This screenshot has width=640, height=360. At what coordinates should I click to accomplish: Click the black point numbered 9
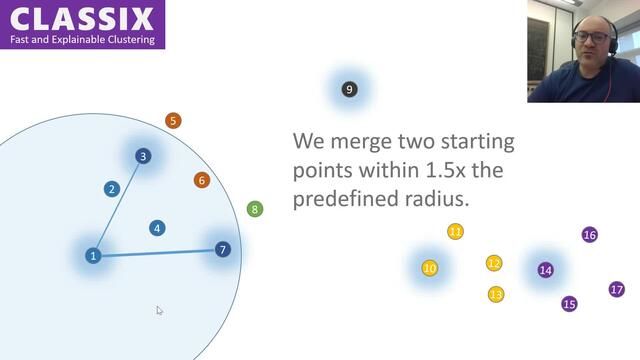click(348, 90)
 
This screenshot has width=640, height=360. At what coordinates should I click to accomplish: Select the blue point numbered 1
click(93, 256)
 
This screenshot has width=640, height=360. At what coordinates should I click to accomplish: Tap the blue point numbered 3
click(143, 156)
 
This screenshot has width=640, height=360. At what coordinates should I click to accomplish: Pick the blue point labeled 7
click(222, 249)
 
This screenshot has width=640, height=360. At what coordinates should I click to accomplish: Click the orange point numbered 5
click(173, 121)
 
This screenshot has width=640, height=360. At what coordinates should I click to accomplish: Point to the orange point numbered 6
click(202, 180)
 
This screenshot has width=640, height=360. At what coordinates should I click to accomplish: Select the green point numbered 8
click(255, 209)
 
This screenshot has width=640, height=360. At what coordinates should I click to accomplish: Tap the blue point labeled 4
click(157, 228)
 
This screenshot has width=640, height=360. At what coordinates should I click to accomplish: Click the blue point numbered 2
click(112, 189)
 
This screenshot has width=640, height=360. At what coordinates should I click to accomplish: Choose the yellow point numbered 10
click(430, 268)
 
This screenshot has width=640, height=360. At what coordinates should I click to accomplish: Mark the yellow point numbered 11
click(455, 232)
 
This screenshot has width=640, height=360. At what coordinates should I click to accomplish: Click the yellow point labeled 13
click(496, 294)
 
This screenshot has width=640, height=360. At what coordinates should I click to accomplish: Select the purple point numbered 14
click(545, 270)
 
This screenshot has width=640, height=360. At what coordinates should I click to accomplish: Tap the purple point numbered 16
click(589, 235)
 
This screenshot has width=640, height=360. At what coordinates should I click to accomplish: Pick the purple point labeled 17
click(616, 289)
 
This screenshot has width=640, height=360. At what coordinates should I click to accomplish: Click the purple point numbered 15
click(569, 304)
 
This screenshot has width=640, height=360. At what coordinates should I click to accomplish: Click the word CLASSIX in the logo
click(80, 18)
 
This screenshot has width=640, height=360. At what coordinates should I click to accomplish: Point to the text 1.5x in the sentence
click(445, 171)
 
